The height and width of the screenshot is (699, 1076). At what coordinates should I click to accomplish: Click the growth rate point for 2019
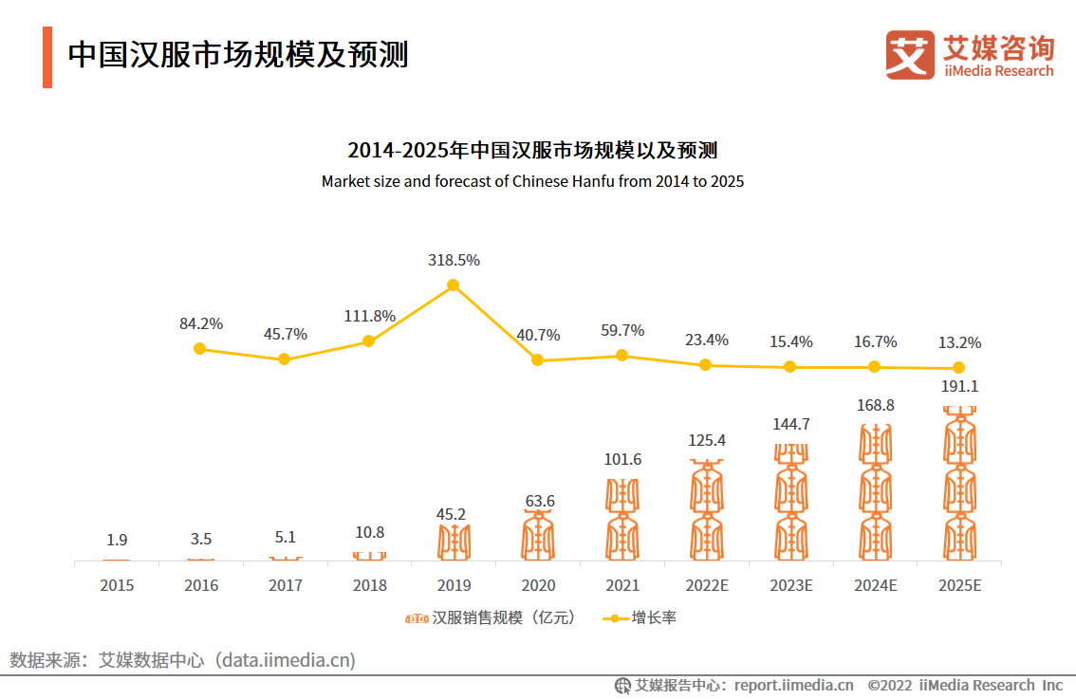(453, 285)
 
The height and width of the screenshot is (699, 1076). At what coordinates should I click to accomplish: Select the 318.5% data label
(453, 260)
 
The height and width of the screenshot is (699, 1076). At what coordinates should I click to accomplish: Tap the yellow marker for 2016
(199, 348)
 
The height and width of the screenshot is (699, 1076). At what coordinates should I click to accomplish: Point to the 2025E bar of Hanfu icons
(959, 484)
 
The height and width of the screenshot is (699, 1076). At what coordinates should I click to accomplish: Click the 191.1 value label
(959, 387)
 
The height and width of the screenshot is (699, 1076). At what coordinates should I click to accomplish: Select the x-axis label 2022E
(706, 585)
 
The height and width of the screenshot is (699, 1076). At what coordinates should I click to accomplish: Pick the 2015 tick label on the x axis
(117, 585)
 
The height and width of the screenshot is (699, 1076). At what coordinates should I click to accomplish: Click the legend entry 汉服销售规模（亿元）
(492, 618)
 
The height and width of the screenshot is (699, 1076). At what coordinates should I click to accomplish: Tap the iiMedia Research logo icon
(910, 55)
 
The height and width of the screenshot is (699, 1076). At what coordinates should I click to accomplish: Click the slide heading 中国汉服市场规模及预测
(238, 55)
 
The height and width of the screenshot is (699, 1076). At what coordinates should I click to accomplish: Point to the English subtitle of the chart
(532, 181)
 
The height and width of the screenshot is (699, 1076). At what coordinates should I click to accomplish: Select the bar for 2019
(454, 541)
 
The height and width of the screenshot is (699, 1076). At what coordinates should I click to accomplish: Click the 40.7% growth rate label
(537, 335)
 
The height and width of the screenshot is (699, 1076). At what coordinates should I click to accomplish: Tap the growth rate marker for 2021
(621, 355)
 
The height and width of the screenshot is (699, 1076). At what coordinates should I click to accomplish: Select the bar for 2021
(622, 519)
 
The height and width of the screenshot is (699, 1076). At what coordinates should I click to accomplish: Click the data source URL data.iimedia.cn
(286, 660)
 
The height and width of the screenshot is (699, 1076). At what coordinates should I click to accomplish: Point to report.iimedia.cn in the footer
(793, 685)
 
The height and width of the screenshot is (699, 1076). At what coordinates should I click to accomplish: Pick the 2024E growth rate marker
(875, 367)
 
